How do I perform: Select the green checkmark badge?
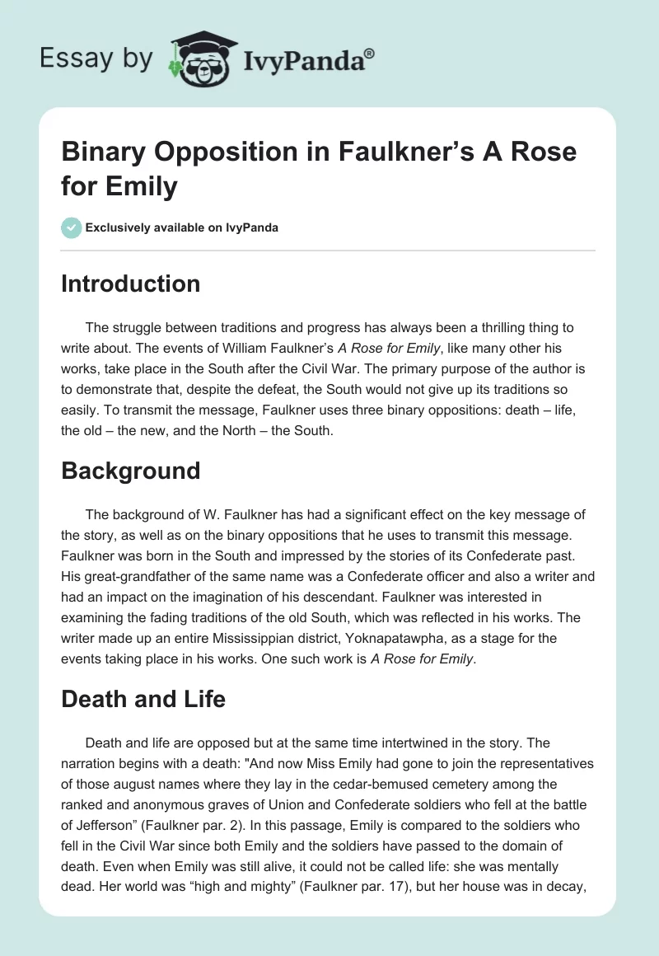point(72,227)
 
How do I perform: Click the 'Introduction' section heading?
point(130,284)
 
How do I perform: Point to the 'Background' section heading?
point(130,471)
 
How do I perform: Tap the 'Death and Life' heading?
point(143,699)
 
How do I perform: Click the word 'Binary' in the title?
point(107,152)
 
